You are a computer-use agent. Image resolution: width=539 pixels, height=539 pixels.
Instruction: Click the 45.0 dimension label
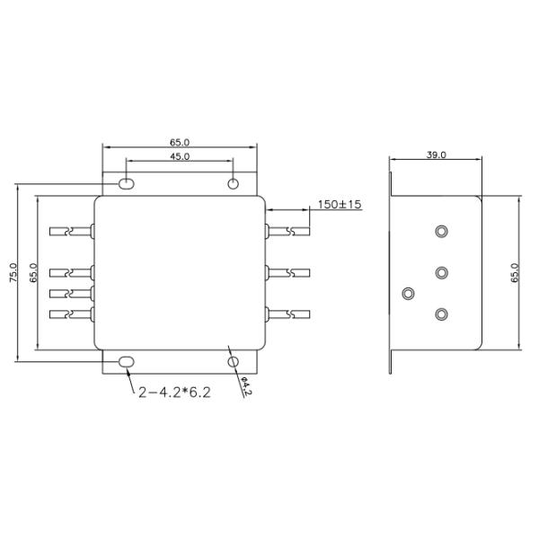(180, 156)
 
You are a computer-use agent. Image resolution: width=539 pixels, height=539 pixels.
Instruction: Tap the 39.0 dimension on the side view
(437, 155)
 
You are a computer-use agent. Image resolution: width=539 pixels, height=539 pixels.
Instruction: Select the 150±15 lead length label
(340, 205)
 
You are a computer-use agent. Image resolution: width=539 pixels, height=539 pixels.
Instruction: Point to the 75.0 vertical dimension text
(13, 272)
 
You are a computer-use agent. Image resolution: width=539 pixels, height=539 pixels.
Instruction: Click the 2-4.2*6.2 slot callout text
(174, 393)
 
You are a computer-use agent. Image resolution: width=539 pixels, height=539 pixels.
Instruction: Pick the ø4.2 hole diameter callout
(245, 386)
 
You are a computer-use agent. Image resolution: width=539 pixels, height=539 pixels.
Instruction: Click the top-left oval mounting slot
(126, 184)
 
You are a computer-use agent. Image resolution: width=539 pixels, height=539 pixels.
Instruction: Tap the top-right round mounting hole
(234, 184)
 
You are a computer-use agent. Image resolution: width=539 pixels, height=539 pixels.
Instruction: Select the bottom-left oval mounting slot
(126, 362)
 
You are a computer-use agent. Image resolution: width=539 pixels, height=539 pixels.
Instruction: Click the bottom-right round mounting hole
(234, 362)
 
